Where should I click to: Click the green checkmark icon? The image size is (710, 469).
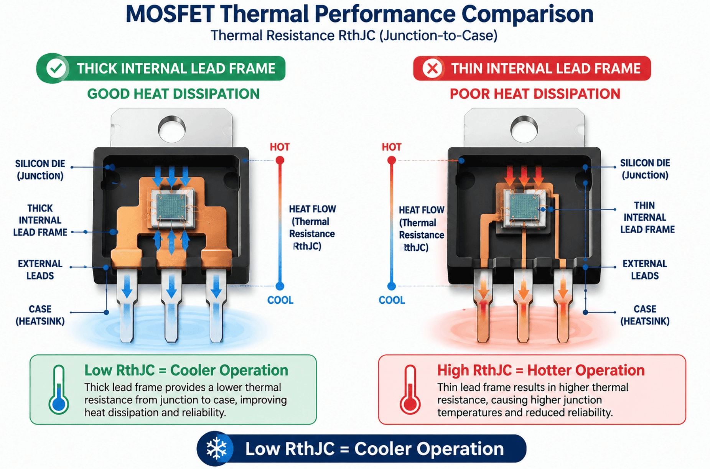tap(56, 69)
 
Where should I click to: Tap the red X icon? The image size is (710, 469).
tap(432, 69)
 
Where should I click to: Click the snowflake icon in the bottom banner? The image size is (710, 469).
tap(216, 448)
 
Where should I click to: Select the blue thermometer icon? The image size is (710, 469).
tap(59, 390)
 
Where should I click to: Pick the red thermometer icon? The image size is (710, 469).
tap(410, 390)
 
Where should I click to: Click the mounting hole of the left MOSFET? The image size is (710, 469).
tap(171, 129)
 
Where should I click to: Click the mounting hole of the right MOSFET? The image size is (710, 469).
tap(524, 129)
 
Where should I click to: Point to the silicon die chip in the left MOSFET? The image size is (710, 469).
tap(173, 207)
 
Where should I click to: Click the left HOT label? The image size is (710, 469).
tap(280, 147)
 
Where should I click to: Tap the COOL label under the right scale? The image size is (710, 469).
tap(392, 300)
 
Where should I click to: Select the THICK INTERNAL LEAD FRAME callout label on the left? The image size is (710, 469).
tap(40, 220)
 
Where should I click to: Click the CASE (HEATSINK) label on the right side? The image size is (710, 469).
tap(645, 315)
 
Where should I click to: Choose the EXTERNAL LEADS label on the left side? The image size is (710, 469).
tap(40, 270)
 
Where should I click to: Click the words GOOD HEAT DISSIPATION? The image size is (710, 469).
tap(173, 94)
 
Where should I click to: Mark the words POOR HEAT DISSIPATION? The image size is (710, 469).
tap(535, 94)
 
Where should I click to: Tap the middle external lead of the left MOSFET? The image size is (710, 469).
tap(171, 305)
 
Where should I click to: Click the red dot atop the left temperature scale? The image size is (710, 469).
tap(280, 160)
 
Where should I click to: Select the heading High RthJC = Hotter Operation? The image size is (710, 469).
tap(541, 370)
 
